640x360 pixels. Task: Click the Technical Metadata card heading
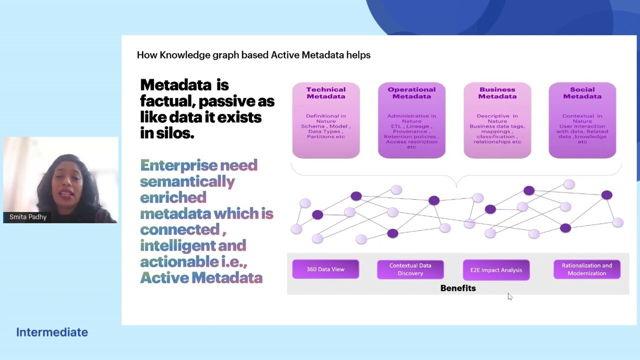[325, 93]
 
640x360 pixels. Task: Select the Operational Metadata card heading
[411, 93]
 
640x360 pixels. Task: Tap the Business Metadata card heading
[497, 93]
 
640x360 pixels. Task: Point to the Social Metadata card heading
[582, 93]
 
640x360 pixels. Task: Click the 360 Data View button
[325, 269]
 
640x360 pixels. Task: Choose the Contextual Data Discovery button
[410, 269]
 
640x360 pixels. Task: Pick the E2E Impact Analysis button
[496, 270]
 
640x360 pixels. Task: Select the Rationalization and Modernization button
[586, 269]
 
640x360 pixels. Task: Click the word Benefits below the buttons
[458, 288]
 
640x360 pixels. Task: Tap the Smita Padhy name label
[28, 217]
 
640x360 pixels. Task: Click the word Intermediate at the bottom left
[52, 332]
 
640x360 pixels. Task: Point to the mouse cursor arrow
[509, 296]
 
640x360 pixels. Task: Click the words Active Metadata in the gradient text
[201, 277]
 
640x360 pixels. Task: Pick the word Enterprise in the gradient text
[178, 165]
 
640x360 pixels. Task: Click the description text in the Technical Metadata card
[325, 126]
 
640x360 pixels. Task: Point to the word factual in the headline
[167, 101]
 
